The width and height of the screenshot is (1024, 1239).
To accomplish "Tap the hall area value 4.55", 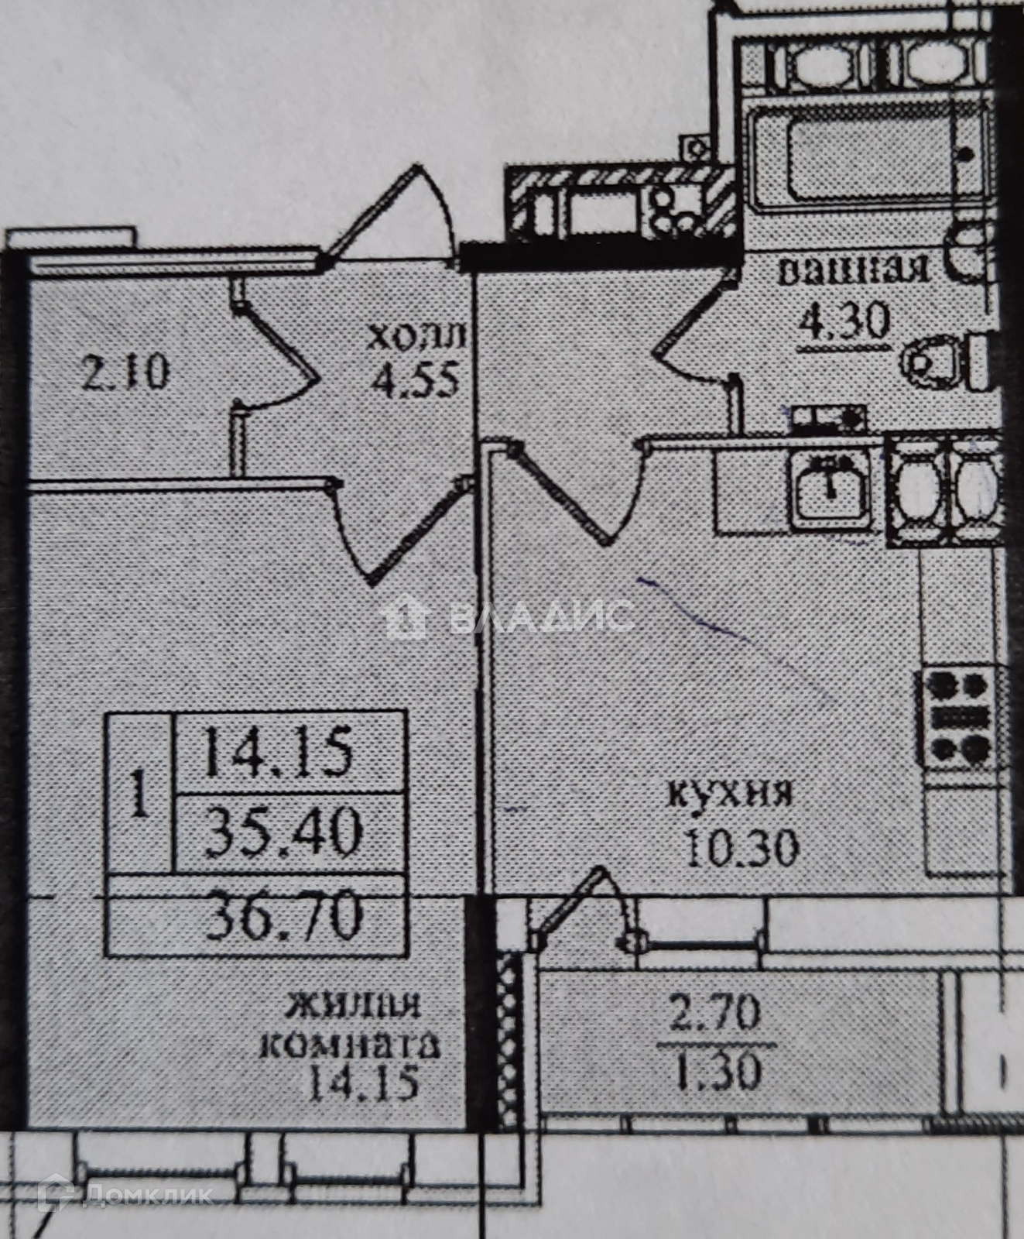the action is tap(416, 379).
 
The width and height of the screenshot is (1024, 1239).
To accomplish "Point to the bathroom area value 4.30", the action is tap(845, 321).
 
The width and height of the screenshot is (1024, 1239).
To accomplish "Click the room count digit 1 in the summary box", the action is tap(139, 792).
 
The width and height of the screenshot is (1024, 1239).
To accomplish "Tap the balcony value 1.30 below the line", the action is tap(718, 1073).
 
